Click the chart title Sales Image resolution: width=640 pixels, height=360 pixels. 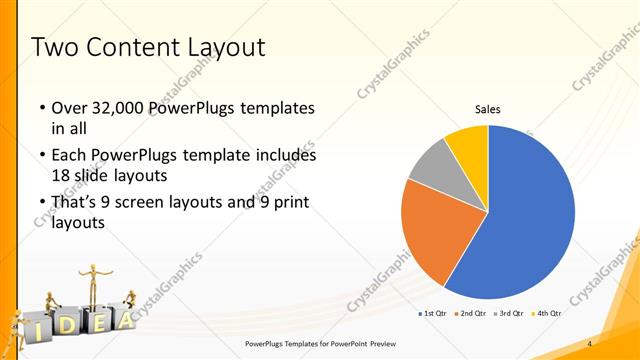click(487, 110)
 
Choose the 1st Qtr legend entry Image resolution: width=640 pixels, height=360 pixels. click(432, 314)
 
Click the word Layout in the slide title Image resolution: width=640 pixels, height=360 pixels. click(218, 47)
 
